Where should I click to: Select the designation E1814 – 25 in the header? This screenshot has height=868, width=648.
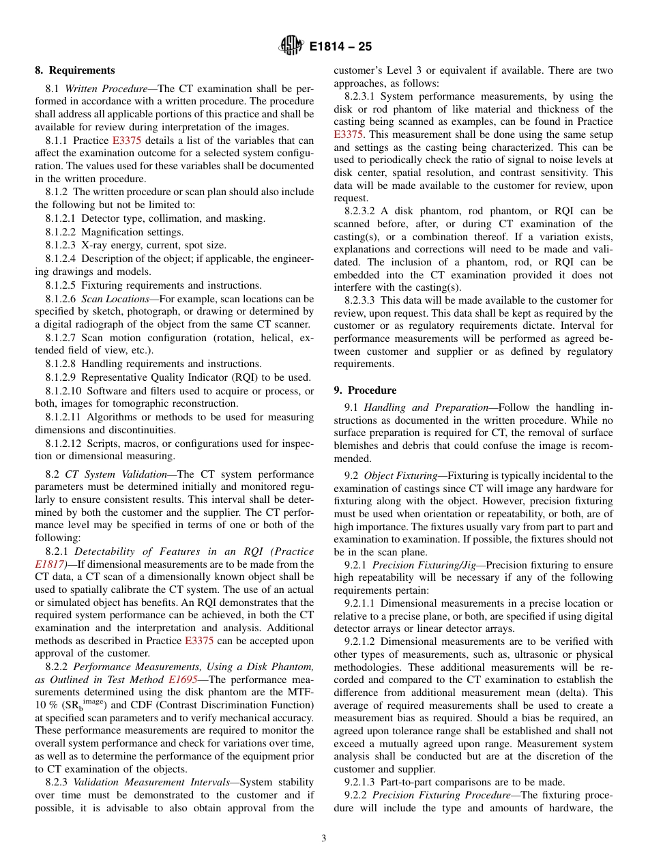340,47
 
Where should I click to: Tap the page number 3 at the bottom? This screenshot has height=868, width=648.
324,839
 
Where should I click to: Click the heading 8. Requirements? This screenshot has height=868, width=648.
75,70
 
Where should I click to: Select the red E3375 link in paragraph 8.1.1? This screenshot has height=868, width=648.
127,141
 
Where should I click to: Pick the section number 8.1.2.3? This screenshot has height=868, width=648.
61,245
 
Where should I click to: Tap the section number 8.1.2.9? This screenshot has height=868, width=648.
61,377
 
